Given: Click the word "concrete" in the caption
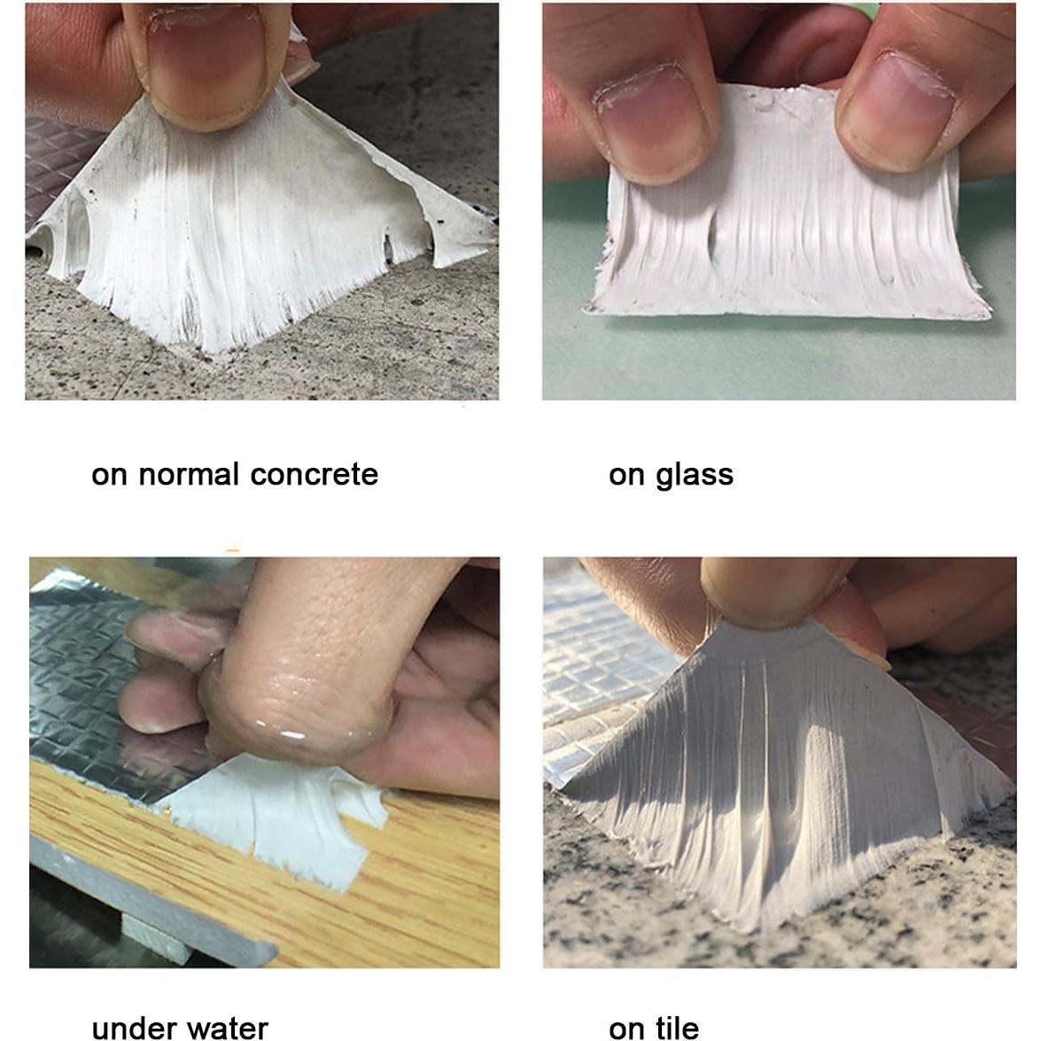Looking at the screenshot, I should (x=314, y=475).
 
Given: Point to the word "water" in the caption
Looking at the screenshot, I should (x=225, y=1028).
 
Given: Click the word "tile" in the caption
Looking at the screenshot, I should (x=677, y=1028).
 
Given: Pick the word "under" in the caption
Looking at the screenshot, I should (x=132, y=1028).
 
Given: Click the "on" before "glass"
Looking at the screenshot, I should (x=625, y=476).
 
